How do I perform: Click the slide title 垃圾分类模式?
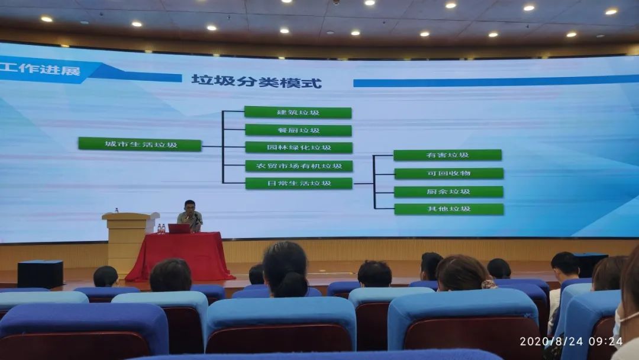(x=256, y=81)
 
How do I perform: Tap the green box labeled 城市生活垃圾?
(x=140, y=144)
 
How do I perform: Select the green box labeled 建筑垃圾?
(x=298, y=112)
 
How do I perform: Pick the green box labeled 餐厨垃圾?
(x=298, y=130)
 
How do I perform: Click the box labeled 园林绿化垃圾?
(x=299, y=147)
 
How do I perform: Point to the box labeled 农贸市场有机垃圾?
(x=299, y=166)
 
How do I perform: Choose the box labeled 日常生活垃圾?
(x=299, y=183)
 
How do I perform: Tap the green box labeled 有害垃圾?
(x=447, y=155)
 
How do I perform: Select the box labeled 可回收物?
(x=448, y=173)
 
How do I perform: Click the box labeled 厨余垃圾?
(x=448, y=192)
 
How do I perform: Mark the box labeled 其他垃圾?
(x=448, y=209)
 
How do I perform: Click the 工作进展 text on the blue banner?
(x=41, y=69)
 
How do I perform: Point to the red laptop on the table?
(x=179, y=229)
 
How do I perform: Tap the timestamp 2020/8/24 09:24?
(x=571, y=341)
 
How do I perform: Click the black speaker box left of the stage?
(x=40, y=274)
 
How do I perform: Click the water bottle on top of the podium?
(x=117, y=210)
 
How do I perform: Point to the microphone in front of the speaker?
(x=197, y=218)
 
